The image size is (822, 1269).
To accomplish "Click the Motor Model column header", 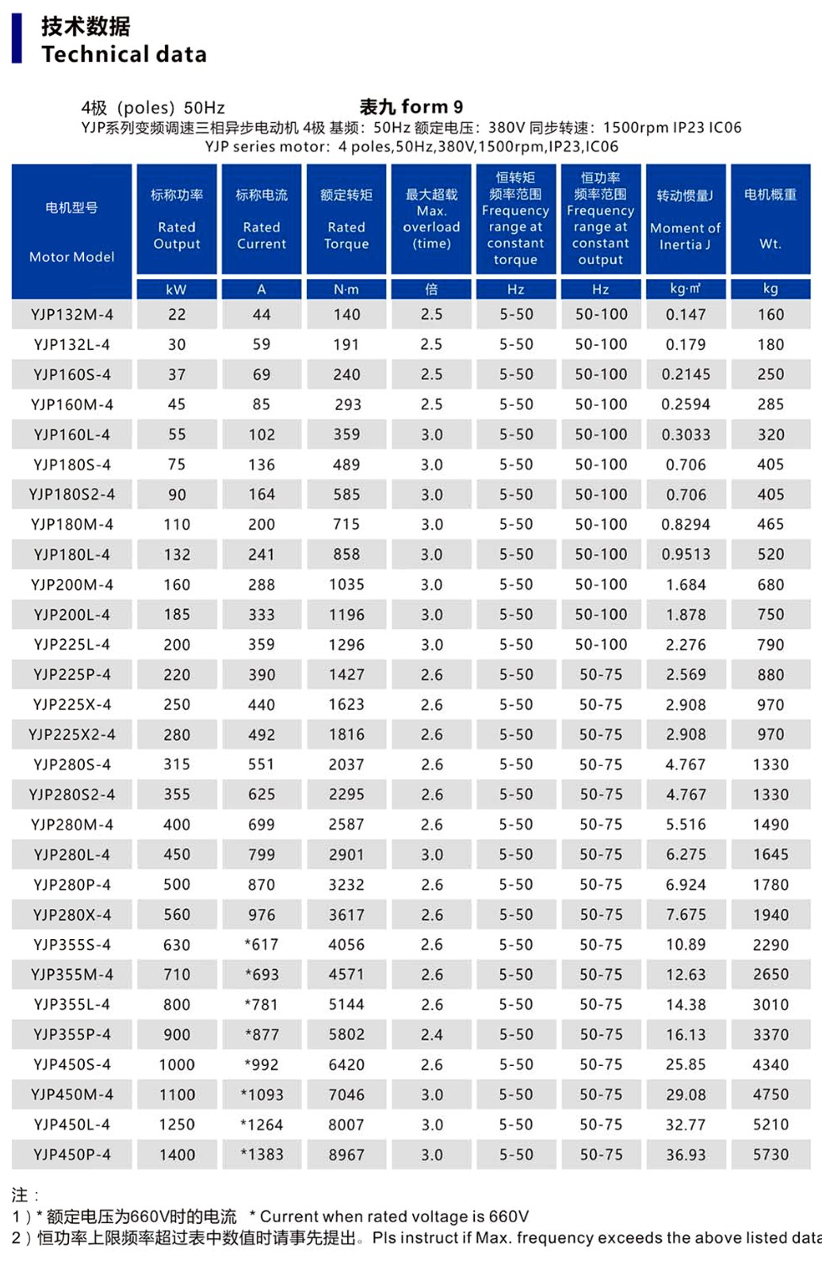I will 71,231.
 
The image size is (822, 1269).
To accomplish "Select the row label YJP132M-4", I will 71,314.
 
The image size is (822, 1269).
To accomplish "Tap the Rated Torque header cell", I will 346,220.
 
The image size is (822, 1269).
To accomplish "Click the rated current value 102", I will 262,435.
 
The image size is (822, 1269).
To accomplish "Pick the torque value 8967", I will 346,1155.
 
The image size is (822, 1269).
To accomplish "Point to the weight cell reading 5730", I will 770,1155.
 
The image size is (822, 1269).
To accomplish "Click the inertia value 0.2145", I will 686,374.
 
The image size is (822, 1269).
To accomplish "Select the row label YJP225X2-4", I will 71,734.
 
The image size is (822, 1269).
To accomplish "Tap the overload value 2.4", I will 431,1034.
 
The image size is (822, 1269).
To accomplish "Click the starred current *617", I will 262,945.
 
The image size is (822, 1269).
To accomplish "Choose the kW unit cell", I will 176,289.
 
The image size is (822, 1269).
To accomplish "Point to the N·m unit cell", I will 346,289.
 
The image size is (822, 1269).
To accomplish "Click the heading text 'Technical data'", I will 124,54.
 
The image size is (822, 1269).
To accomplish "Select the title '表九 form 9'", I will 411,106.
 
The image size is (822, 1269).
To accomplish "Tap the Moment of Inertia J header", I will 686,220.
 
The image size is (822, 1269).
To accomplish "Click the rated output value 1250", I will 176,1125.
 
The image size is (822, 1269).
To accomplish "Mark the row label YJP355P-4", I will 71,1034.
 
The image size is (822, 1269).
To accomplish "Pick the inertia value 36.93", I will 686,1155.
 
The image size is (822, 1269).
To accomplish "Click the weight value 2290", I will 770,945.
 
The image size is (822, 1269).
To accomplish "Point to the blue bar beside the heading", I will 17,38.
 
